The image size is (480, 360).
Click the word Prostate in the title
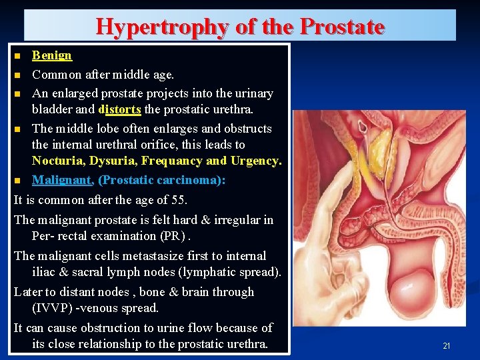click(342, 27)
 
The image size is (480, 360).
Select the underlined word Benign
click(52, 55)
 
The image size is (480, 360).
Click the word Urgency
click(256, 161)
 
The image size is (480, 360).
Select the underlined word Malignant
click(62, 180)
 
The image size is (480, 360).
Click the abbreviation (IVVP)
click(53, 308)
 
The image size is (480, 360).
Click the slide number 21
click(447, 345)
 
